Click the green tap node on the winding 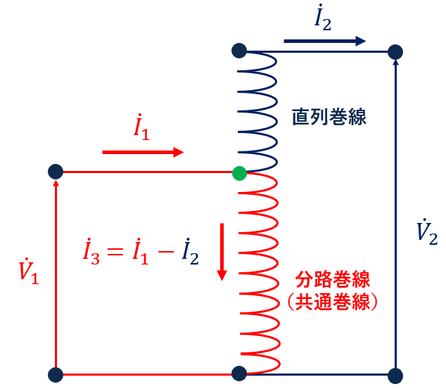click(239, 173)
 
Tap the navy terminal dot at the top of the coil click(239, 51)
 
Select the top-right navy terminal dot click(395, 52)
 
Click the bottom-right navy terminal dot click(395, 376)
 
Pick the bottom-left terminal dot click(56, 375)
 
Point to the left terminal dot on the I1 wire click(56, 172)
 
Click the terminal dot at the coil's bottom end click(239, 374)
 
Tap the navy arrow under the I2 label click(325, 42)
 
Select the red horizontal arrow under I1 click(143, 153)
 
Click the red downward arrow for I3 click(222, 252)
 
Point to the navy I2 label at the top click(323, 17)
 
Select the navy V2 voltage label click(427, 231)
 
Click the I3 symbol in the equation click(91, 252)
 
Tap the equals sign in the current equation click(115, 251)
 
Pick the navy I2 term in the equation click(191, 252)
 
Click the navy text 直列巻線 click(329, 117)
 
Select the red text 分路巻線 click(333, 279)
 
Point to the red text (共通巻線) click(333, 302)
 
